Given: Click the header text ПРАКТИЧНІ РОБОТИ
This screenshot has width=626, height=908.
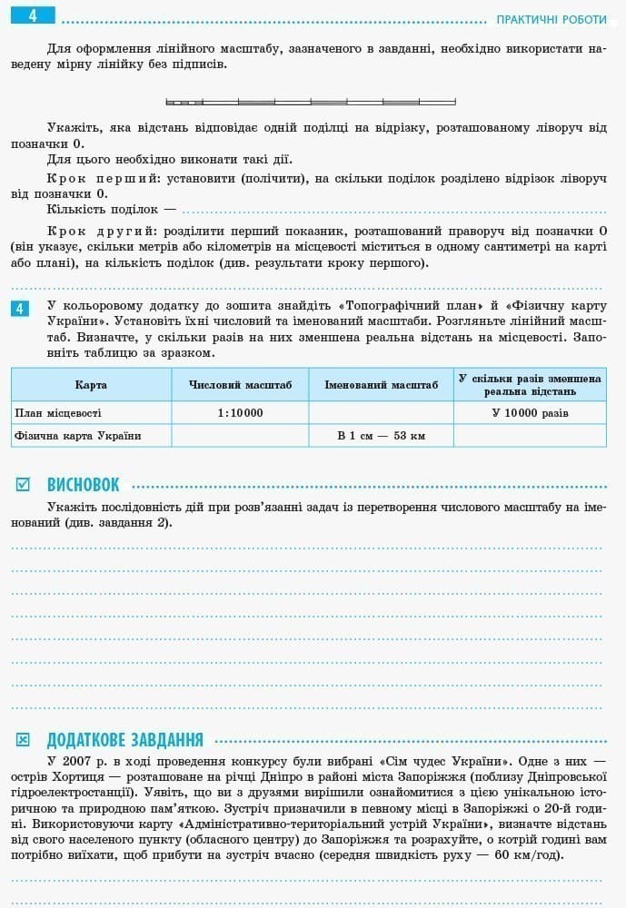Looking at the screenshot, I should click(551, 20).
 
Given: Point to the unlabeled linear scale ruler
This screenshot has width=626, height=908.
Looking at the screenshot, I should click(311, 101).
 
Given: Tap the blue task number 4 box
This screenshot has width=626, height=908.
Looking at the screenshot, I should click(21, 309).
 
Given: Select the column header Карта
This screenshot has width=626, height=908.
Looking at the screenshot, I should click(91, 385).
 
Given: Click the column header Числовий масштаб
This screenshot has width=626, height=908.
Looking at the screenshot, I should click(240, 385).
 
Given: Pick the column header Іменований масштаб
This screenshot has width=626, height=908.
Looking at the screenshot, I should click(381, 385).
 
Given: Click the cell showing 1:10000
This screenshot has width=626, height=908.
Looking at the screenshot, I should click(240, 413).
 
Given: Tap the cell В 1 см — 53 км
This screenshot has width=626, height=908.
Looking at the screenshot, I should click(381, 436).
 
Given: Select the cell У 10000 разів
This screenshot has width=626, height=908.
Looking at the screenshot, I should click(530, 413).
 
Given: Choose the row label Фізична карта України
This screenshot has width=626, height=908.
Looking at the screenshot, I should click(78, 436).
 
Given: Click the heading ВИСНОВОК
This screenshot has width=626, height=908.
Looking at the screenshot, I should click(83, 485).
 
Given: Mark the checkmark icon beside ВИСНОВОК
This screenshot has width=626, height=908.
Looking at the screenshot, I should click(23, 485).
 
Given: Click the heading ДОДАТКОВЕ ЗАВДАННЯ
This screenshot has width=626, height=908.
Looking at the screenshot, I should click(124, 740).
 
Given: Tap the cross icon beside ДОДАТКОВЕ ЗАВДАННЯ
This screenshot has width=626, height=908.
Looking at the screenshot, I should click(23, 740).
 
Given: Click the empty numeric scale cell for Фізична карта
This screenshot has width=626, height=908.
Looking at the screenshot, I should click(240, 436).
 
